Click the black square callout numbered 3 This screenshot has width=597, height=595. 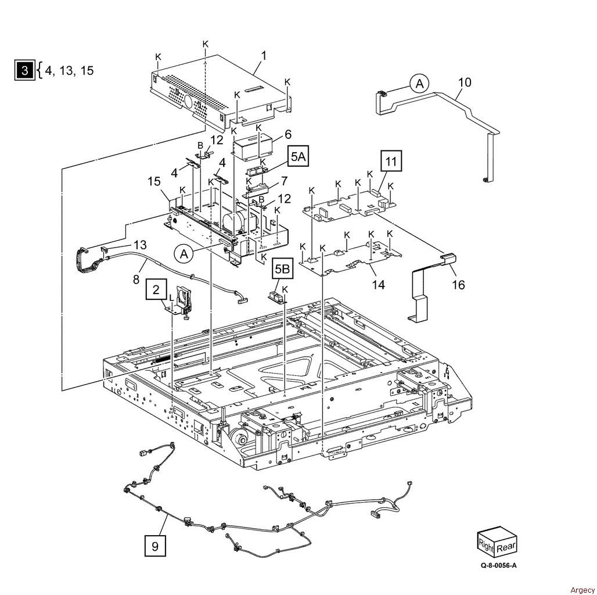point(25,70)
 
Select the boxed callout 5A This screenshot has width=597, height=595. point(298,156)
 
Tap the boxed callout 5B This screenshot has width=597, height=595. point(282,269)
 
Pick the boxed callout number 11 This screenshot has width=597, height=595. point(391,162)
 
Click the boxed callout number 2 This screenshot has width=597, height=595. point(156,289)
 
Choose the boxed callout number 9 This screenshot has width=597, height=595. point(155,546)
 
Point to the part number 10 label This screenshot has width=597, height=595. point(465,82)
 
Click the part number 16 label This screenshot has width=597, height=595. point(458,284)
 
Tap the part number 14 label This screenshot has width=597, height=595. point(378,284)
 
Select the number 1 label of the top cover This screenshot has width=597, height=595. point(264,56)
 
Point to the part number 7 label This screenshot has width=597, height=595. point(284,181)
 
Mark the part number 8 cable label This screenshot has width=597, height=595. point(136,280)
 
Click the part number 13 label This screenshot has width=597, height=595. point(140,245)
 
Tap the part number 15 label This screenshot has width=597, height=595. point(154,181)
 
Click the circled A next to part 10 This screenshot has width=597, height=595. point(419,84)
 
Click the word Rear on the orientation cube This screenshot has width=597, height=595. point(506,547)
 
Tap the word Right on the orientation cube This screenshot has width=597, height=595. point(486,546)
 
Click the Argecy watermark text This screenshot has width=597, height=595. point(582,590)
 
